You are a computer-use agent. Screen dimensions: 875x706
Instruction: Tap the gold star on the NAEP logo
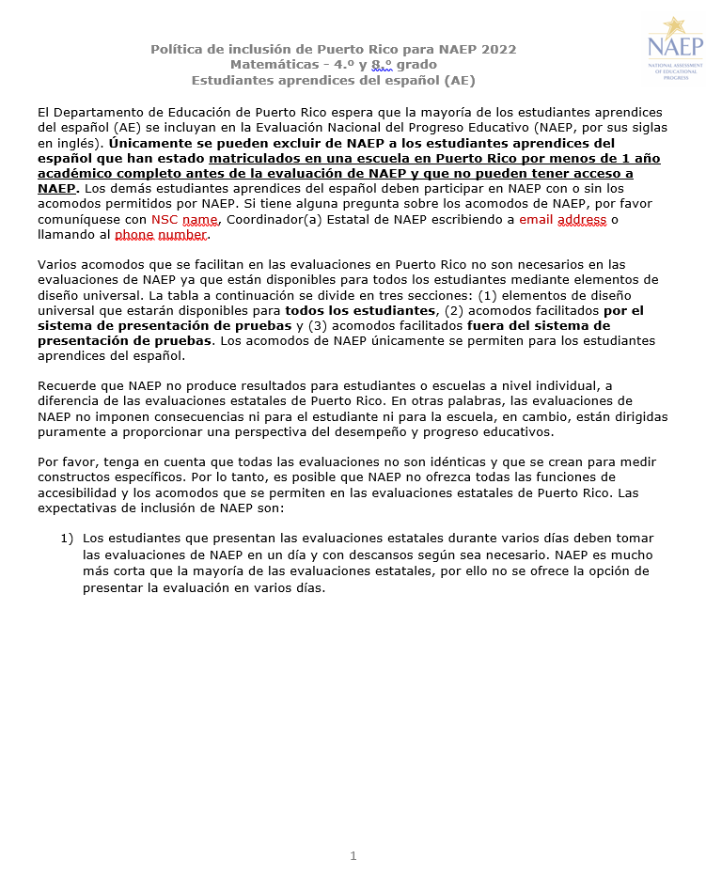tap(672, 26)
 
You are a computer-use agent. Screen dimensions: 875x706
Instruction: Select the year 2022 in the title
tap(498, 49)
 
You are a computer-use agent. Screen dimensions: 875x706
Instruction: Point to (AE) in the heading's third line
tap(460, 81)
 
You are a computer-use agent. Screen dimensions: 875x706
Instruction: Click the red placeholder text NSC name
tap(184, 219)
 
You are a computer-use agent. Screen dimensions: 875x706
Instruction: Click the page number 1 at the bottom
tap(353, 855)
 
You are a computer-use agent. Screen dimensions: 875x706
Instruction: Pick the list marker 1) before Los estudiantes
tap(67, 539)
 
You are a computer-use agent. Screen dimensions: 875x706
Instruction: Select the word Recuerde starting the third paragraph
tap(70, 386)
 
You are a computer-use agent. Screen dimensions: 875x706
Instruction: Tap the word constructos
tap(76, 477)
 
